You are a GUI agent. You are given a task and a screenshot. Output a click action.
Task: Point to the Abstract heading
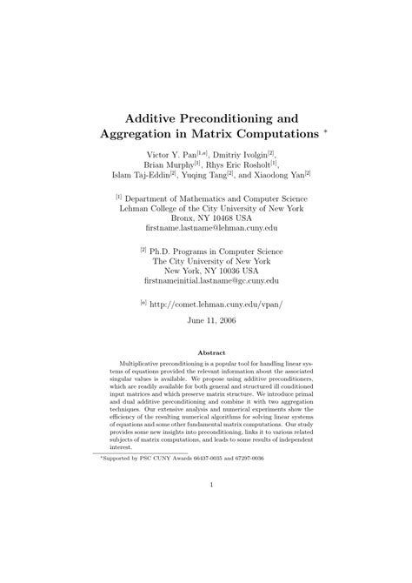point(206,353)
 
